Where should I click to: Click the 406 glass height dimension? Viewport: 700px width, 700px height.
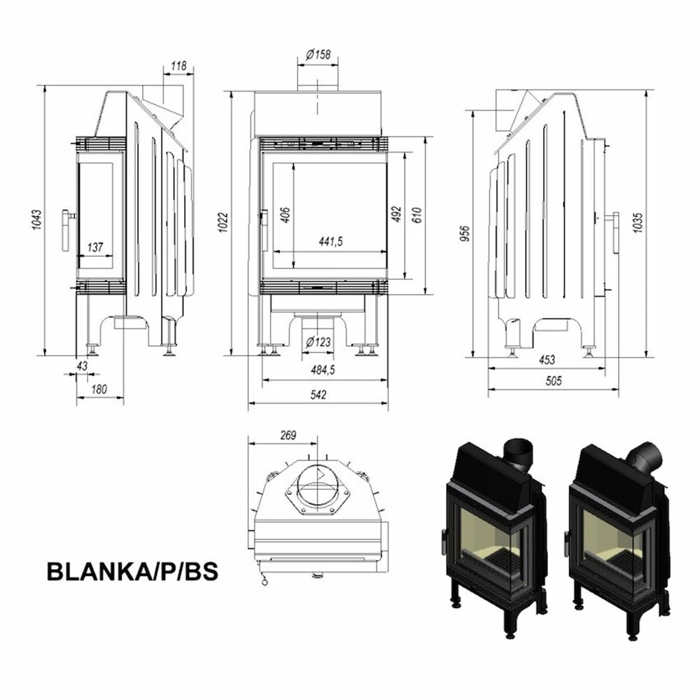pyautogui.click(x=286, y=214)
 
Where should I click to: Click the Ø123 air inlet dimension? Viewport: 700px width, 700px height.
pyautogui.click(x=318, y=342)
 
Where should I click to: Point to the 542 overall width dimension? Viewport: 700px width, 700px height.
pyautogui.click(x=318, y=395)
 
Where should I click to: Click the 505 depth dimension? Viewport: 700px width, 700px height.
pyautogui.click(x=553, y=381)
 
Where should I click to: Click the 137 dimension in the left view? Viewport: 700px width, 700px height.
pyautogui.click(x=96, y=246)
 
